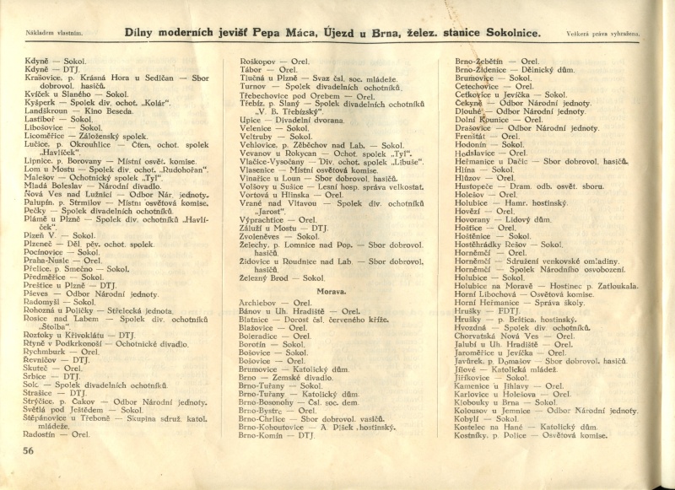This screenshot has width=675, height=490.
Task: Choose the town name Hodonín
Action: pos(478,144)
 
